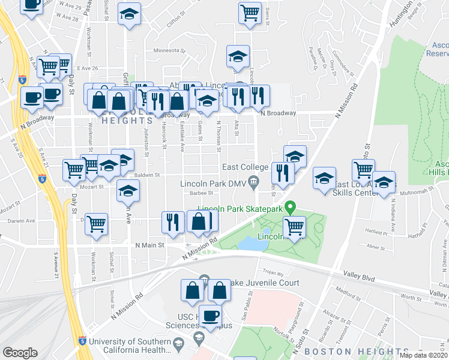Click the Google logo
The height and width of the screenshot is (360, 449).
(x=20, y=353)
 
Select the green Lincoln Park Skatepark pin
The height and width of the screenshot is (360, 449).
(x=291, y=208)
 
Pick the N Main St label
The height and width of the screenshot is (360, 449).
(x=149, y=245)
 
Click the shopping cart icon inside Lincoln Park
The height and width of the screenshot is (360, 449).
(x=294, y=227)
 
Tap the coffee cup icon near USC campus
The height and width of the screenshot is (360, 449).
(x=209, y=316)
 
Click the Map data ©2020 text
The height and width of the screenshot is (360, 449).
(x=424, y=355)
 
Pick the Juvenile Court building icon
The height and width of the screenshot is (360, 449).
(x=204, y=279)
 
